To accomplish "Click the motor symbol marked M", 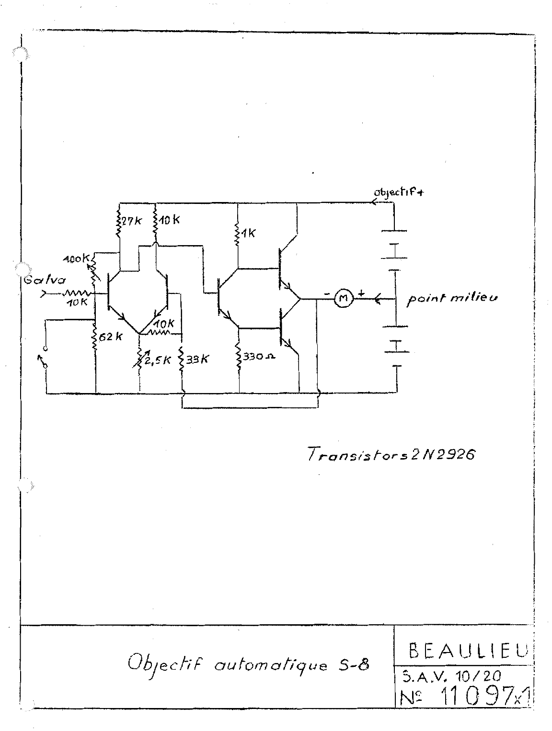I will coord(343,299).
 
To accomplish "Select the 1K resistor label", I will coord(248,233).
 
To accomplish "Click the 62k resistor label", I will coord(111,337).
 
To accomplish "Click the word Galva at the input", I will coord(36,281).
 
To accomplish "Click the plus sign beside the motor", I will coord(360,292).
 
